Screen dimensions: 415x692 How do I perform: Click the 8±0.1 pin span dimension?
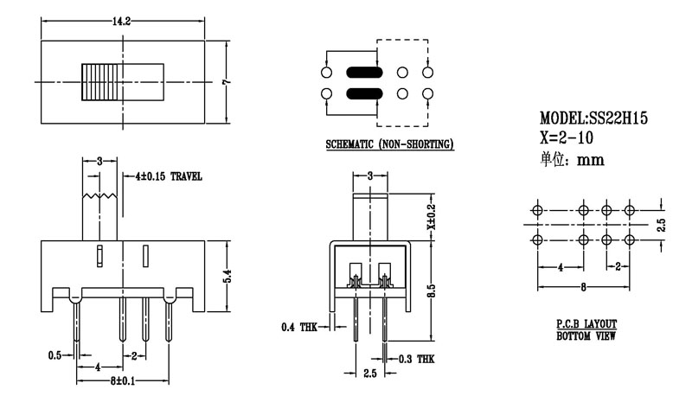123,380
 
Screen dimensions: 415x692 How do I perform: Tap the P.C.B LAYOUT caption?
586,322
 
